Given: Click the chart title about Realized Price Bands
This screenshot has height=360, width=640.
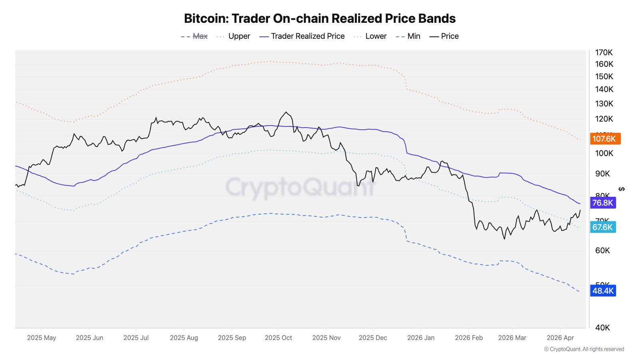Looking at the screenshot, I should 320,18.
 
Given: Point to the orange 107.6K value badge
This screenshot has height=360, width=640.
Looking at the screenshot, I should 604,139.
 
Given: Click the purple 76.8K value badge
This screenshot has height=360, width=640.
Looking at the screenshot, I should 602,203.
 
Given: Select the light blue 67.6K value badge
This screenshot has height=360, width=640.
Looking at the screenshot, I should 602,227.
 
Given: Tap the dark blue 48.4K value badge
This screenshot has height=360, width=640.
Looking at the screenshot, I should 603,291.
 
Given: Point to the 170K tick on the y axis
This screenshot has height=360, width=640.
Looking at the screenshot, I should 604,52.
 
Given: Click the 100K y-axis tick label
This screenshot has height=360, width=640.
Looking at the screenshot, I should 604,153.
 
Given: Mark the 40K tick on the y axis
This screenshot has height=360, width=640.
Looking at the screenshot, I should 602,328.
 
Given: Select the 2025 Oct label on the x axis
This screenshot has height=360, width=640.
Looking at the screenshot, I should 278,338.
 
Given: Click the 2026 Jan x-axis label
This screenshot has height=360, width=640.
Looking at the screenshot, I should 421,338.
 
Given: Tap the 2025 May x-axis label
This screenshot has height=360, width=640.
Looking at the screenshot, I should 42,338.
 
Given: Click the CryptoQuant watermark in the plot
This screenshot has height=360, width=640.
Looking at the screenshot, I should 300,187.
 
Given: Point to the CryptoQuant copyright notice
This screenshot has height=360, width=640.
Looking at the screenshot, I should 584,349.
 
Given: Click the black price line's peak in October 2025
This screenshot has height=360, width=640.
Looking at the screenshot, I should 286,112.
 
